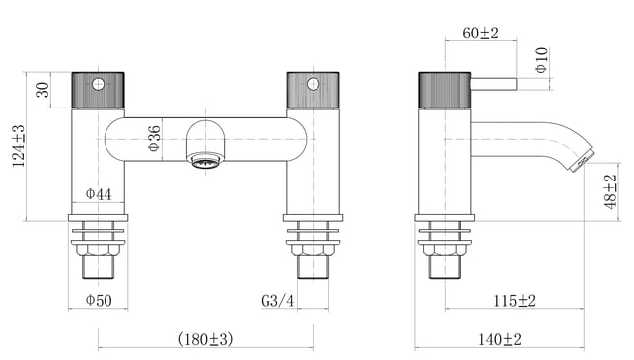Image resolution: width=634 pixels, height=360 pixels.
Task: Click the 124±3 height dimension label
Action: pyautogui.click(x=18, y=146)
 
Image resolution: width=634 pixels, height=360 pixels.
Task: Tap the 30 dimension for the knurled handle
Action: pyautogui.click(x=42, y=90)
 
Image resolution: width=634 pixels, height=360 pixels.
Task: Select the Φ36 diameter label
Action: pyautogui.click(x=154, y=139)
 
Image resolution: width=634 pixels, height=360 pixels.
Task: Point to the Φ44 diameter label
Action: pyautogui.click(x=99, y=194)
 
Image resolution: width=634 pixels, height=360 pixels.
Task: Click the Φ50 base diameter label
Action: pyautogui.click(x=99, y=300)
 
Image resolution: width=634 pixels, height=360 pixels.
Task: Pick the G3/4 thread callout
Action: pyautogui.click(x=278, y=301)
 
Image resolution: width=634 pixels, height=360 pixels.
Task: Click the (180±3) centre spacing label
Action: pyautogui.click(x=205, y=339)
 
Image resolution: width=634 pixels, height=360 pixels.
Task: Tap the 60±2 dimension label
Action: pyautogui.click(x=481, y=34)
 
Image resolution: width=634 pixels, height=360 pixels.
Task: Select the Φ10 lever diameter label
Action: pyautogui.click(x=542, y=60)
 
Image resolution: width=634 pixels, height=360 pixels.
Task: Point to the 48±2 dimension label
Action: pyautogui.click(x=611, y=191)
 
